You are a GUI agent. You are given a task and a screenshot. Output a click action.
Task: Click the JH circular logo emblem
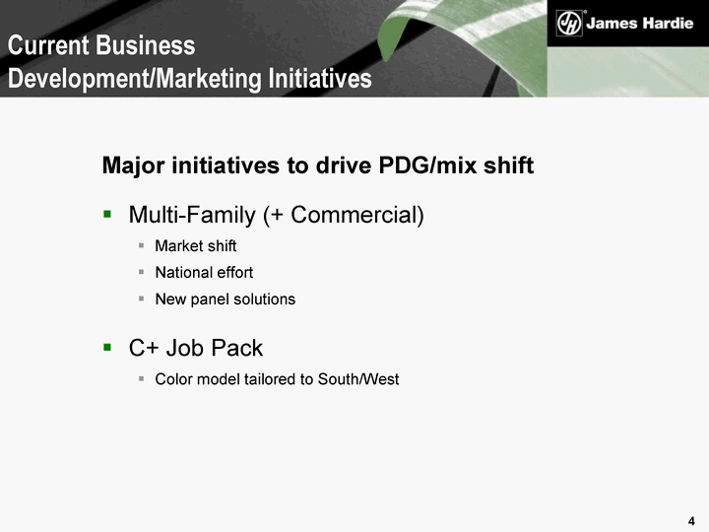(x=569, y=23)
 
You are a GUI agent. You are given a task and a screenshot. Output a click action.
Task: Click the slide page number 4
(x=691, y=521)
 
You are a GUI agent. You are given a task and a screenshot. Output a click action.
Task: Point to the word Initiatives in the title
(x=320, y=78)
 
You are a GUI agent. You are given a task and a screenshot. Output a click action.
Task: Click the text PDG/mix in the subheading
(x=427, y=166)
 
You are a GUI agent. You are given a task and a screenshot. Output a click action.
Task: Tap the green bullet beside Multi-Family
(x=107, y=214)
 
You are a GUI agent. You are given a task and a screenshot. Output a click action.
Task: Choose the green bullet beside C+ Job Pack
(x=107, y=347)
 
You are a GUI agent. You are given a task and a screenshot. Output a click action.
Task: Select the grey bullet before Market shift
(x=142, y=245)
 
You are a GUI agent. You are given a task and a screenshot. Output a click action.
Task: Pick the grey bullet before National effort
(x=142, y=272)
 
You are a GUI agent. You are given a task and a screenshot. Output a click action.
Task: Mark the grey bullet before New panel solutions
(x=142, y=299)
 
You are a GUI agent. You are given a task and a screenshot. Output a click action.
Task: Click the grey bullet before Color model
(x=142, y=378)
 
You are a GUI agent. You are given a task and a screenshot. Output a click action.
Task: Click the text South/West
(x=358, y=379)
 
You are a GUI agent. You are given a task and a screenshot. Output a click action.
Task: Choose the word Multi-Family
(x=192, y=215)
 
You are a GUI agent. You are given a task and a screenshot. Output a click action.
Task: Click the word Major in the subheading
(x=133, y=166)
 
